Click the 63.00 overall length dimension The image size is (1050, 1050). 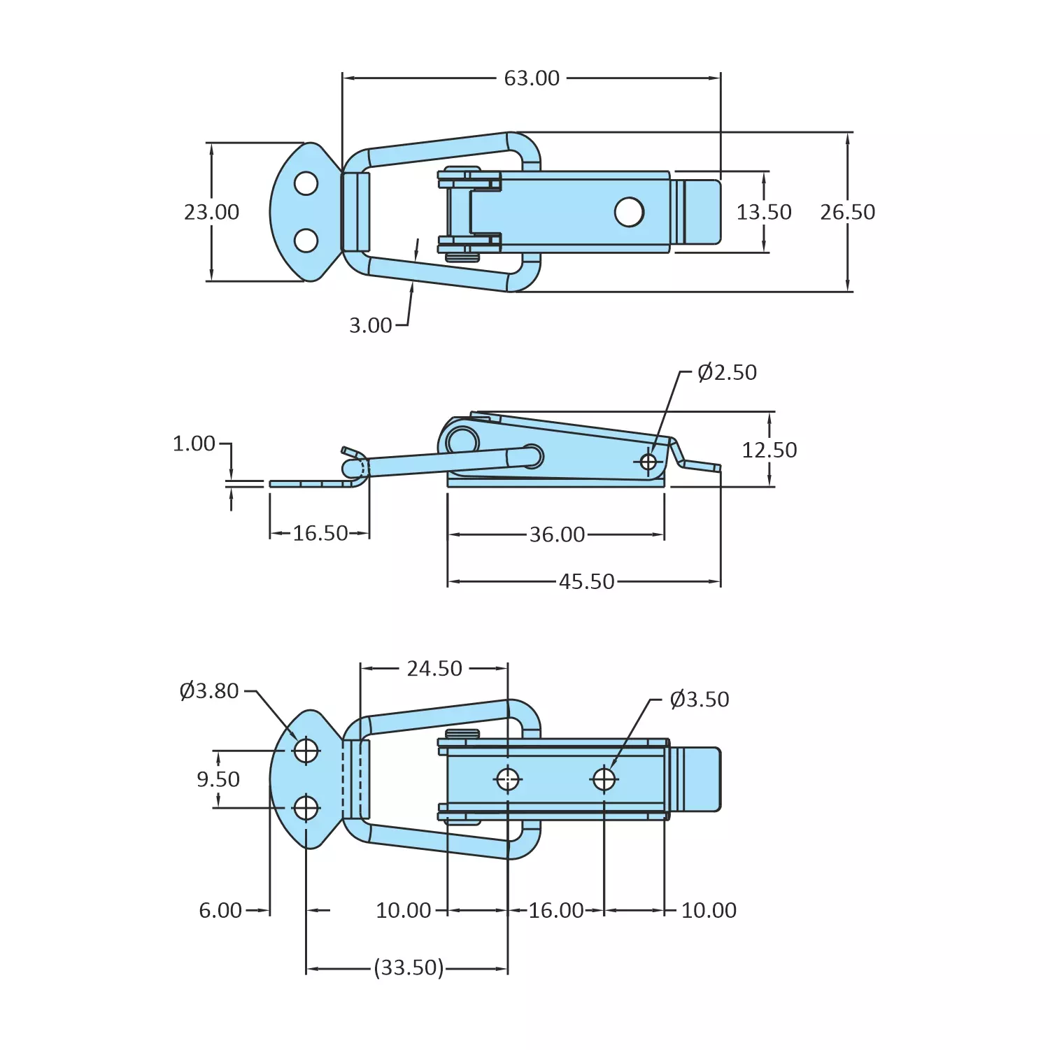click(532, 78)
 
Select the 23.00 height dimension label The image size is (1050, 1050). click(211, 212)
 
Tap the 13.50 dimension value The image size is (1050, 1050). click(763, 212)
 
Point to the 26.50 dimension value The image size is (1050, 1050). click(847, 212)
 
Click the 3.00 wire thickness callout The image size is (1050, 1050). click(371, 325)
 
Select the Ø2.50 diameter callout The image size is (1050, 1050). click(727, 372)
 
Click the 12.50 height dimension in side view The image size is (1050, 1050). click(769, 450)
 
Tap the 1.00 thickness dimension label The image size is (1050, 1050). click(194, 444)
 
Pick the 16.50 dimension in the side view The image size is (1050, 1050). click(320, 534)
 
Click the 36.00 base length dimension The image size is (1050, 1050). click(557, 534)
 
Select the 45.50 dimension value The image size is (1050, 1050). click(586, 581)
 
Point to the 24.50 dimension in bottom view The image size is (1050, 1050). click(434, 669)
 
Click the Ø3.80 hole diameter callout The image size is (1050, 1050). click(209, 691)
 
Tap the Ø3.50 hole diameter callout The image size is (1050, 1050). click(699, 700)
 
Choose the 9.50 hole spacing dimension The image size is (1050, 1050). click(218, 779)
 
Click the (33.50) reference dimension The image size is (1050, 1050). click(409, 968)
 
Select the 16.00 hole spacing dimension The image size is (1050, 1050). click(555, 910)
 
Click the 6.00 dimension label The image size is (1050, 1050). click(220, 910)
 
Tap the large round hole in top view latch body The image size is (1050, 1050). click(629, 212)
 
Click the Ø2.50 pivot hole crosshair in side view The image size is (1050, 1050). click(648, 462)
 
